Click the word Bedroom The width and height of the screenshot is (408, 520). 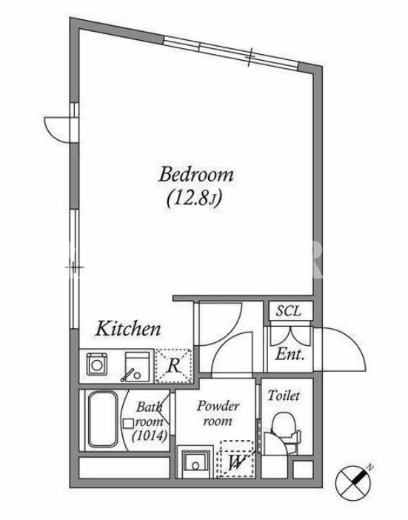click(x=196, y=174)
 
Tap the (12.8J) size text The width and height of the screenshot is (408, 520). click(x=194, y=199)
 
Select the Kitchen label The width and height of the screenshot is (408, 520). click(x=128, y=329)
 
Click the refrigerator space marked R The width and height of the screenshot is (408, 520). click(x=174, y=366)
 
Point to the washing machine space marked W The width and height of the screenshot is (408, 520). click(x=237, y=459)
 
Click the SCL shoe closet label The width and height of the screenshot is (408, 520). click(x=289, y=310)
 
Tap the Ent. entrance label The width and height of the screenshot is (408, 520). click(x=290, y=355)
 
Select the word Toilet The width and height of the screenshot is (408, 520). click(x=284, y=396)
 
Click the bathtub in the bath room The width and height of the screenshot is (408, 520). click(x=103, y=419)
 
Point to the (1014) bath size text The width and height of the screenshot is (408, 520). click(x=150, y=436)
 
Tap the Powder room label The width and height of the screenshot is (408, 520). click(x=218, y=413)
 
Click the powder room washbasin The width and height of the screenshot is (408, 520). click(x=195, y=464)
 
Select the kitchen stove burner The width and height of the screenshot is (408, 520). click(x=97, y=364)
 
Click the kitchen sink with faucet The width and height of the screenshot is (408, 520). click(x=136, y=367)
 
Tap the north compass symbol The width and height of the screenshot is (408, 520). click(x=352, y=481)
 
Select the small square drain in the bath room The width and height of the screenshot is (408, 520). click(x=128, y=424)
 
